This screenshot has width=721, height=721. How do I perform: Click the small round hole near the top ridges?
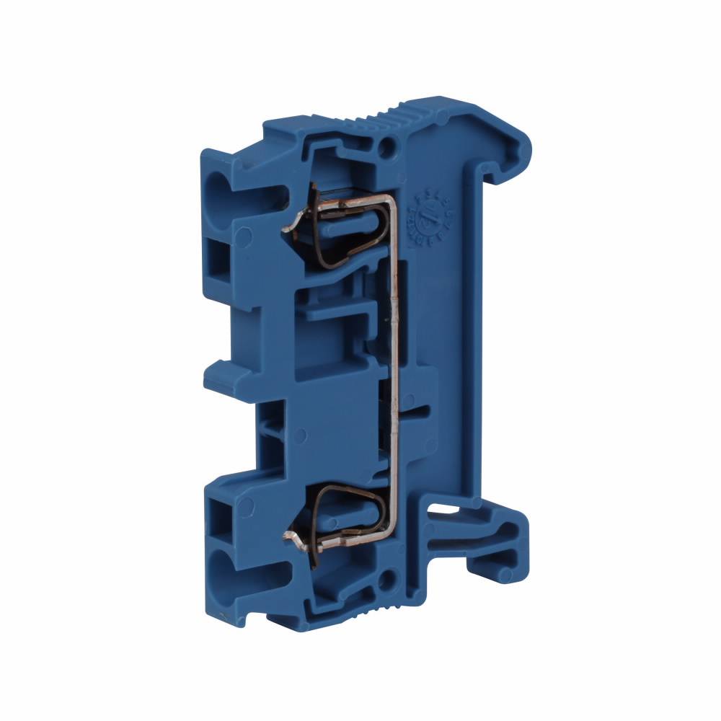[x=389, y=149]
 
